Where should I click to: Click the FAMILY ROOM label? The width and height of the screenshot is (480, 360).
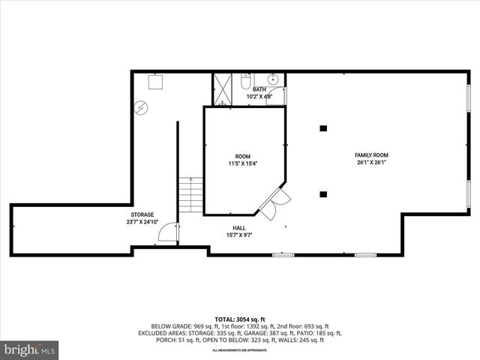pyautogui.click(x=371, y=155)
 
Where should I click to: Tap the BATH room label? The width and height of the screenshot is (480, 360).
pyautogui.click(x=259, y=89)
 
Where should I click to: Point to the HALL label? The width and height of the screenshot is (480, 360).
pyautogui.click(x=239, y=228)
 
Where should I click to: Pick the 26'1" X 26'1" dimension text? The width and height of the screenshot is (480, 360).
pyautogui.click(x=371, y=163)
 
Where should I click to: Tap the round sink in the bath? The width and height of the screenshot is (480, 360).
pyautogui.click(x=273, y=78)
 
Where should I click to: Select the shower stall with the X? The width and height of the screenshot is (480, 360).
pyautogui.click(x=222, y=88)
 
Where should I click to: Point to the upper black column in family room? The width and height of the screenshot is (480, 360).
pyautogui.click(x=323, y=128)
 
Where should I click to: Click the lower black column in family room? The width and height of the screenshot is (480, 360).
pyautogui.click(x=323, y=194)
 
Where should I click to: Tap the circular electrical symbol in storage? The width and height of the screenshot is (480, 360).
pyautogui.click(x=140, y=107)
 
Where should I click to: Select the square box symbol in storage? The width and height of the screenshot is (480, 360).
pyautogui.click(x=156, y=81)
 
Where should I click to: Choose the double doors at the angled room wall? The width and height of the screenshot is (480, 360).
pyautogui.click(x=275, y=200)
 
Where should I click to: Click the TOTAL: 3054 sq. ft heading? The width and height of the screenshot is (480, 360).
pyautogui.click(x=239, y=319)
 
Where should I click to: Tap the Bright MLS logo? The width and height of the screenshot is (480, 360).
pyautogui.click(x=30, y=349)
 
